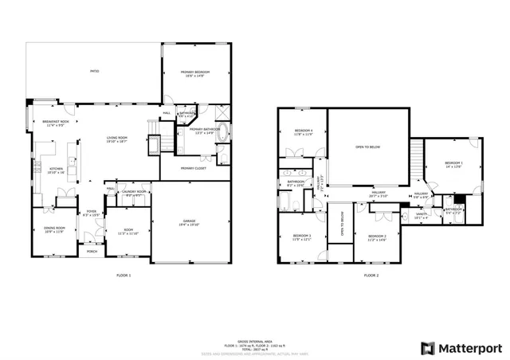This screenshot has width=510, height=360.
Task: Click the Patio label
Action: (x=94, y=72)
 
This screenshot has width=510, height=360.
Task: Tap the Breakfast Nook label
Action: (x=56, y=121)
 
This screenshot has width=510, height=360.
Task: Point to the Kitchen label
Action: (x=56, y=169)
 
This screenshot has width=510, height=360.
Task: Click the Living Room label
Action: (x=117, y=138)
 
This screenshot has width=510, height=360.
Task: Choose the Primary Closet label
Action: (x=194, y=168)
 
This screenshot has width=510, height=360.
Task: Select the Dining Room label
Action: (x=54, y=229)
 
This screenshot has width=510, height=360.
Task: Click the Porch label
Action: (x=92, y=251)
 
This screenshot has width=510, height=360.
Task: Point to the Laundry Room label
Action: (x=134, y=192)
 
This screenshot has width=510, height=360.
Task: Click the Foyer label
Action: (x=92, y=211)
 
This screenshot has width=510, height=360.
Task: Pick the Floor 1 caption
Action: (x=123, y=275)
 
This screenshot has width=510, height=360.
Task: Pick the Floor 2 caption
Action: (x=371, y=275)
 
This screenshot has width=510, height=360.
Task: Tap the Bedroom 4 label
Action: (x=303, y=130)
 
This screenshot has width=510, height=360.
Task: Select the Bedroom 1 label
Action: (x=453, y=164)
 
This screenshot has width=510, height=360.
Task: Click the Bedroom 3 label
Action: (x=301, y=236)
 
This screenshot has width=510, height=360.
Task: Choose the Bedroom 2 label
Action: (x=377, y=236)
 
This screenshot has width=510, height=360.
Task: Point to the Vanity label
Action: (x=422, y=213)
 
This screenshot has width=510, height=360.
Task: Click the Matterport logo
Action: (x=462, y=347)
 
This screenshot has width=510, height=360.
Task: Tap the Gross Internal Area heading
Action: (x=254, y=317)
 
